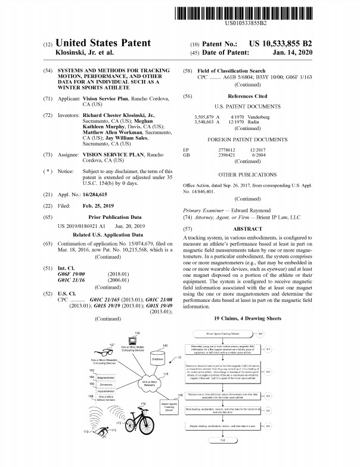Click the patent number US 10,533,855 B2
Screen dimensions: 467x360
click(291, 44)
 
